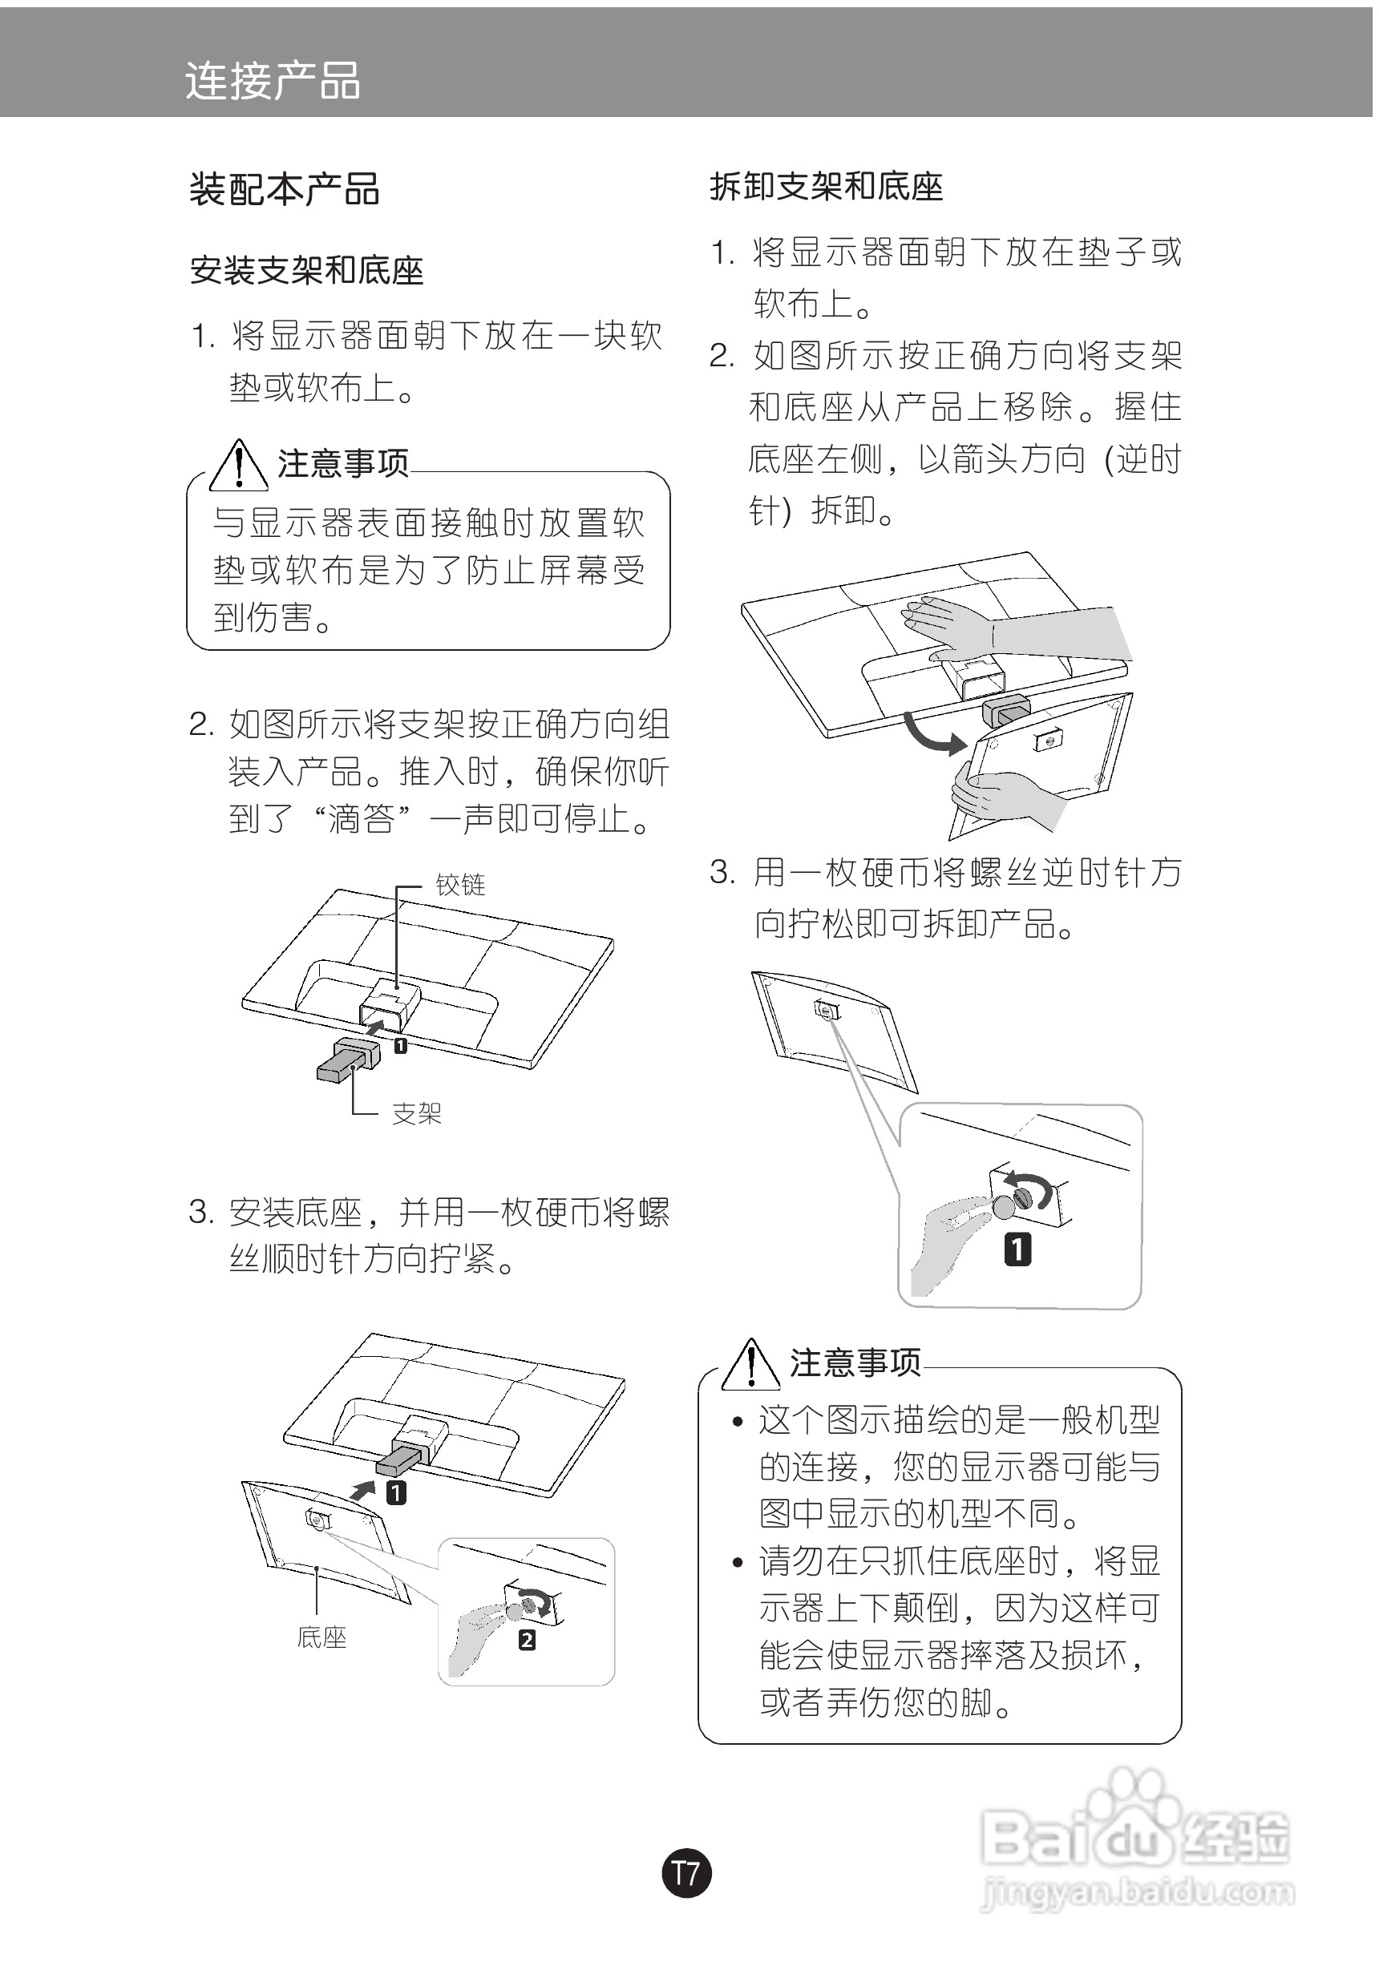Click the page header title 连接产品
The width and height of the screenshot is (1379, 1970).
coord(272,83)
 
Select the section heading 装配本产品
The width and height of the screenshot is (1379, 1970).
coord(284,190)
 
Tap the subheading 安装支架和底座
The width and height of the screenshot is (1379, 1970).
coord(306,271)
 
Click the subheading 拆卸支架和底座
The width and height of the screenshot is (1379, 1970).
coord(826,187)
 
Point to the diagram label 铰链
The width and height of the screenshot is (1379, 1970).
coord(460,885)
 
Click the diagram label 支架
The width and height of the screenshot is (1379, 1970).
coord(416,1114)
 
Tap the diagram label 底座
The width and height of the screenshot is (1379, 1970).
coord(321,1637)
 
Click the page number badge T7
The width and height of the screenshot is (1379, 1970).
coord(686,1872)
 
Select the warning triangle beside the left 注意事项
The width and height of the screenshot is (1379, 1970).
coord(239,466)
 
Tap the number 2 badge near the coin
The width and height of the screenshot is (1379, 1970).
coord(527,1640)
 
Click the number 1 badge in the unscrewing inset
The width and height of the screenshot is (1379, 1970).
coord(1017,1249)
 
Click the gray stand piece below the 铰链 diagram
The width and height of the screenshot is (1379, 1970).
coord(349,1060)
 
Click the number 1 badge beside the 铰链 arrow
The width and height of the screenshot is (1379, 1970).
coord(400,1045)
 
